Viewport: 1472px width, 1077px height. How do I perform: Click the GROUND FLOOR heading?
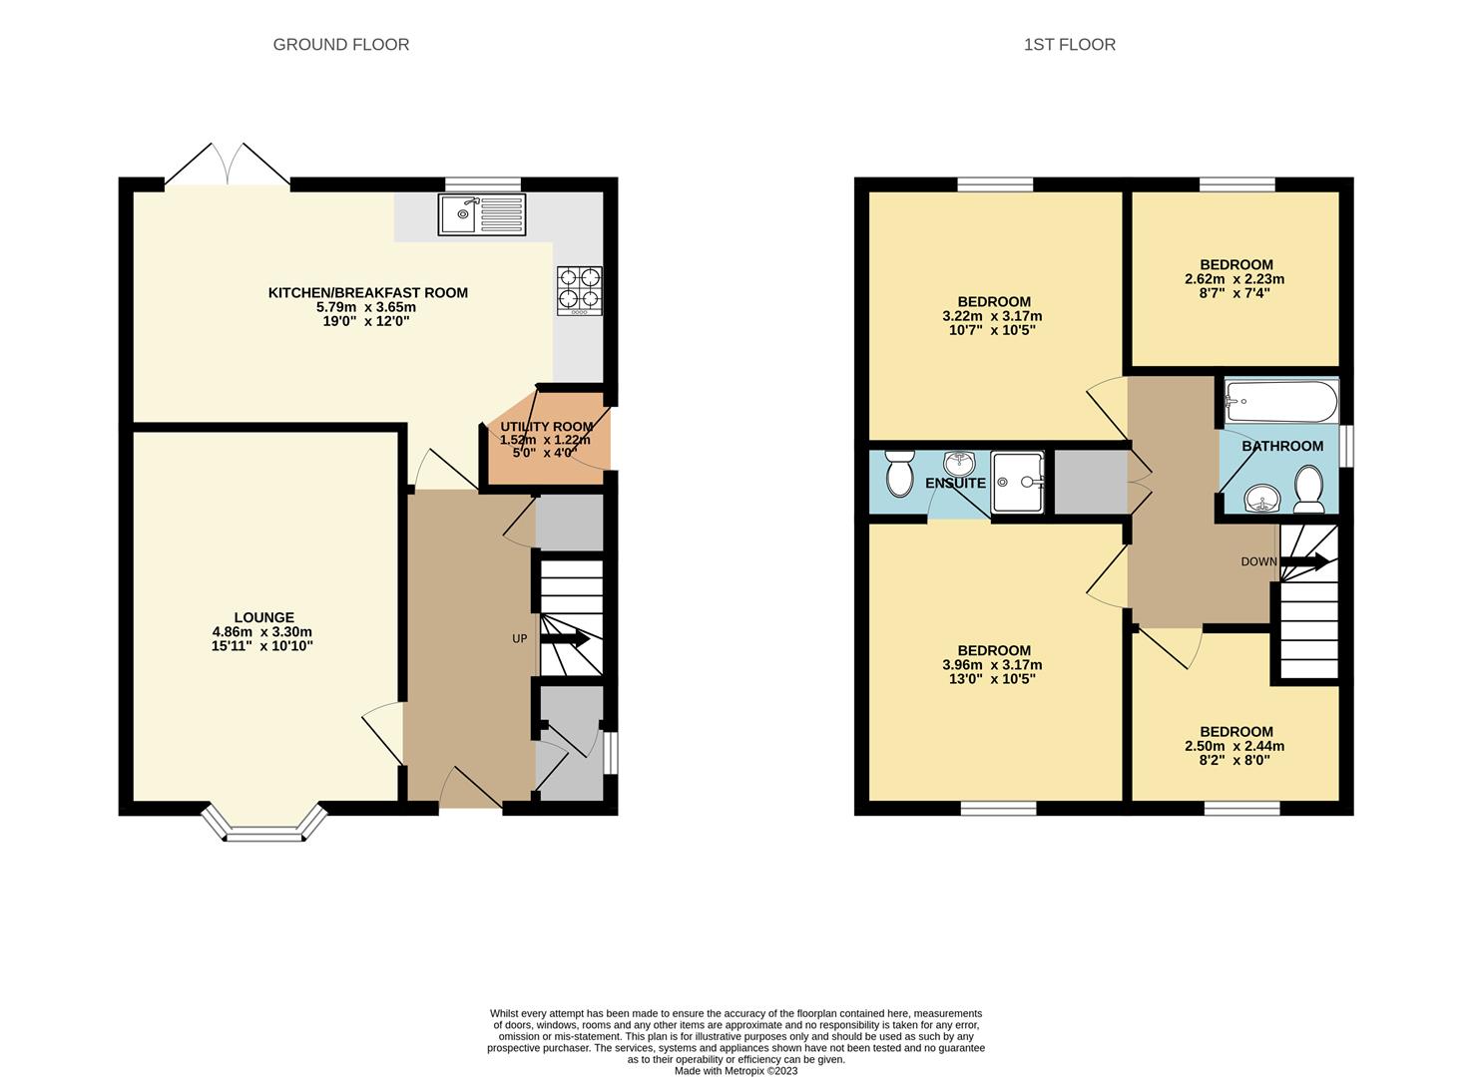pyautogui.click(x=341, y=44)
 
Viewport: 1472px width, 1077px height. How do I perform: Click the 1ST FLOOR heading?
pyautogui.click(x=1069, y=44)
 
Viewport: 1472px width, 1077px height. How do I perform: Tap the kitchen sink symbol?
pyautogui.click(x=482, y=214)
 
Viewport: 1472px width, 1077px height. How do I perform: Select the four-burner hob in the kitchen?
pyautogui.click(x=579, y=289)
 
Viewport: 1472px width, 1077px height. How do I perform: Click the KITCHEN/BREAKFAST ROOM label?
pyautogui.click(x=367, y=292)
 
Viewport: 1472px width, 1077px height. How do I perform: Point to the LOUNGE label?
pyautogui.click(x=264, y=617)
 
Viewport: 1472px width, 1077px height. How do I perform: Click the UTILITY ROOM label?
pyautogui.click(x=546, y=426)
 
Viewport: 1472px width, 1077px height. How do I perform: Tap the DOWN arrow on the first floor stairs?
pyautogui.click(x=1304, y=561)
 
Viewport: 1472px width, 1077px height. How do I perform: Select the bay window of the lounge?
pyautogui.click(x=264, y=824)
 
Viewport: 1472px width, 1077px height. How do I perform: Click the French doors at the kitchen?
pyautogui.click(x=228, y=165)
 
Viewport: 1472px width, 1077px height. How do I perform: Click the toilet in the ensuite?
pyautogui.click(x=899, y=473)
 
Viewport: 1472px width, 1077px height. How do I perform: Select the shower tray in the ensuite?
pyautogui.click(x=1017, y=482)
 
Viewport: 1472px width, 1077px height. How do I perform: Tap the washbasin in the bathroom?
pyautogui.click(x=1263, y=498)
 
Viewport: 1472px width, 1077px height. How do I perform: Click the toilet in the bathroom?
pyautogui.click(x=1308, y=490)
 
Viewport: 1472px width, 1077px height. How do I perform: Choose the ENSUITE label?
pyautogui.click(x=955, y=483)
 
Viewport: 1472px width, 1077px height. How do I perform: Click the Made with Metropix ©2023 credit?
pyautogui.click(x=736, y=1071)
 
